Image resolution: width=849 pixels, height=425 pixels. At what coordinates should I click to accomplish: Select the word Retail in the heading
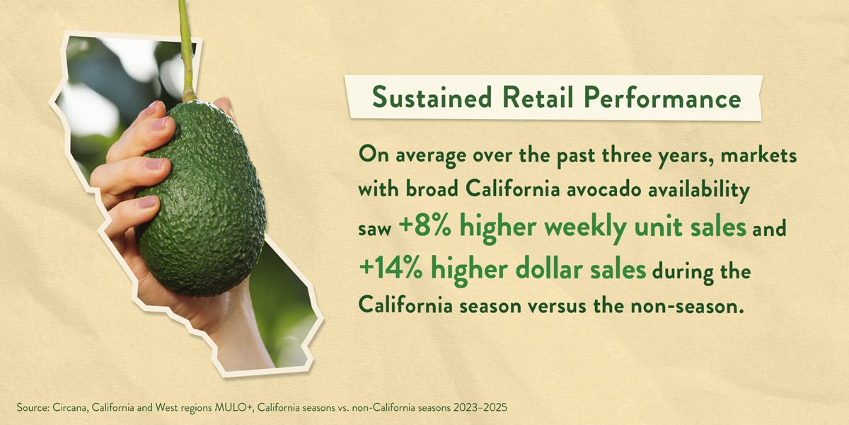click(521, 97)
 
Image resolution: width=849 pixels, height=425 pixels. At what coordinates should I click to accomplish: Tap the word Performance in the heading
click(652, 98)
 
